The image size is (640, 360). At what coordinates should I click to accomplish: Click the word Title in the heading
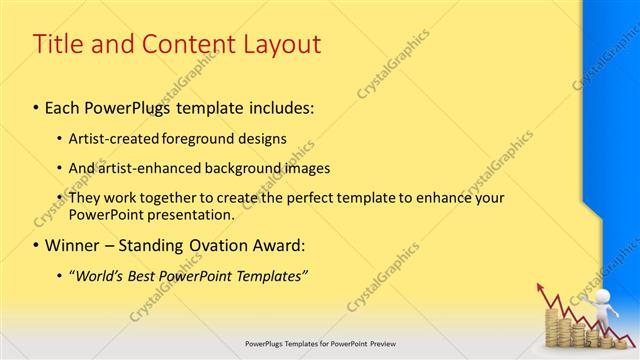(58, 45)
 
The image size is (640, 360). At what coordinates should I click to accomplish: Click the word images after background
(331, 168)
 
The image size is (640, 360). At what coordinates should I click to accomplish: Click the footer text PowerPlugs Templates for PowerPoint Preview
(319, 343)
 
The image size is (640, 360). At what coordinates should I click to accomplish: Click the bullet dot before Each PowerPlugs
(36, 105)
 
